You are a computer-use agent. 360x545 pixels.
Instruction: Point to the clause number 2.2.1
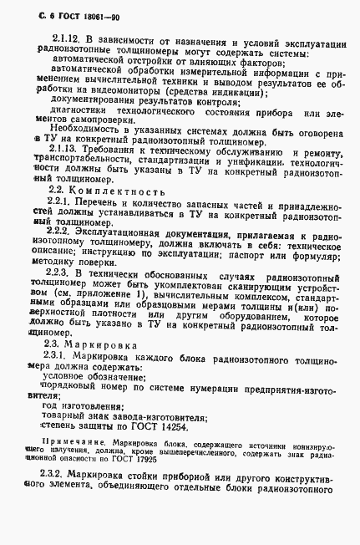coord(59,202)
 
